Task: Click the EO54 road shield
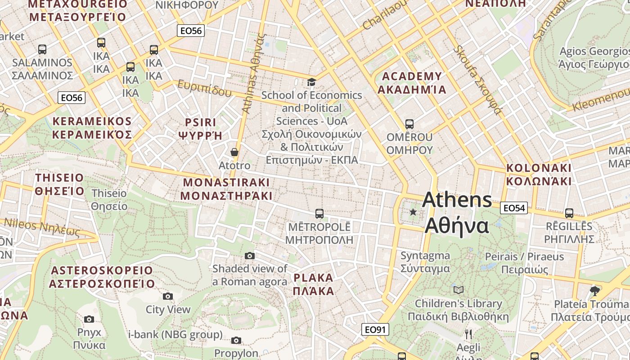point(513,208)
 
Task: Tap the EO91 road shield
point(375,329)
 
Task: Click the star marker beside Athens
point(413,211)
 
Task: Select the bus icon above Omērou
point(409,124)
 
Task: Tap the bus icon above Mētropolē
point(319,213)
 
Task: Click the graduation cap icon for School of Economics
point(311,82)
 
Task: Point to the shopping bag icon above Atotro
point(234,152)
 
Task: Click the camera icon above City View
point(168,296)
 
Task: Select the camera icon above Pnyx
point(89,319)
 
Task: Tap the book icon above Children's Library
point(458,290)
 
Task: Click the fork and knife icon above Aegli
point(468,334)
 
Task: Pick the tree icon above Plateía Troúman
point(595,291)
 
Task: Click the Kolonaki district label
point(539,175)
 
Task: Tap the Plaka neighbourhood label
point(313,284)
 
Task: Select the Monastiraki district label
point(226,189)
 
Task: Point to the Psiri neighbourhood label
point(200,129)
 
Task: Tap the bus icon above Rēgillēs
point(569,213)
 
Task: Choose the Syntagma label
point(425,262)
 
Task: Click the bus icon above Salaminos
point(42,49)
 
